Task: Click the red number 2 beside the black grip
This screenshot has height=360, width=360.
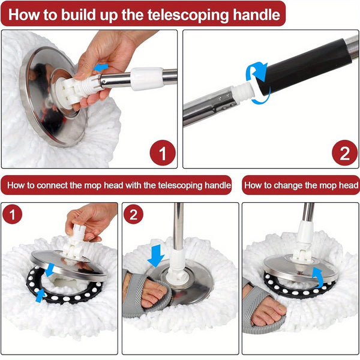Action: click(344, 154)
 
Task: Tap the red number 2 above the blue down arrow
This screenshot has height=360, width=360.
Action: click(134, 215)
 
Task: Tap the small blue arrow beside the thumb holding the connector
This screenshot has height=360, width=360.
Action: click(101, 67)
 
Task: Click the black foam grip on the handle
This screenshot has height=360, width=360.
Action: click(306, 64)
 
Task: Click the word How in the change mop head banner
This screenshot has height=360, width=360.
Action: click(254, 185)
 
